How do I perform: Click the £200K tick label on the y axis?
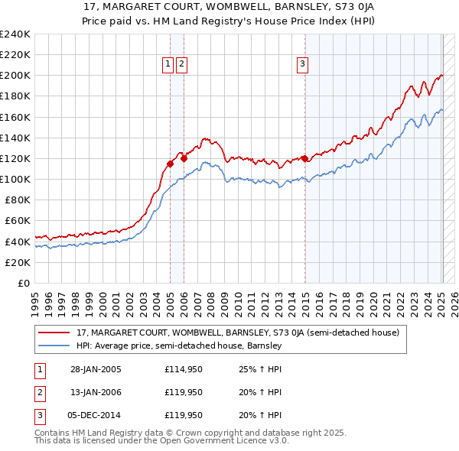click(15, 76)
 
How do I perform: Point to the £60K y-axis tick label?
click(17, 220)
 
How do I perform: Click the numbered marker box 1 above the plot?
click(168, 65)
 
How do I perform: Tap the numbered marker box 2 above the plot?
click(181, 65)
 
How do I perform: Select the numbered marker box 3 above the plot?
click(303, 65)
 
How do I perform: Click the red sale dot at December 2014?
click(304, 159)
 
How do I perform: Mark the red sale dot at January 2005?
click(171, 164)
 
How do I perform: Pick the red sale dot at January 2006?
click(184, 159)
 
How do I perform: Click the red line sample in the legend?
click(54, 333)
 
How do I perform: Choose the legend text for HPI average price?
click(179, 346)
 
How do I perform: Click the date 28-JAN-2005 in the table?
click(96, 368)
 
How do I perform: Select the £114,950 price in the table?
click(184, 368)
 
